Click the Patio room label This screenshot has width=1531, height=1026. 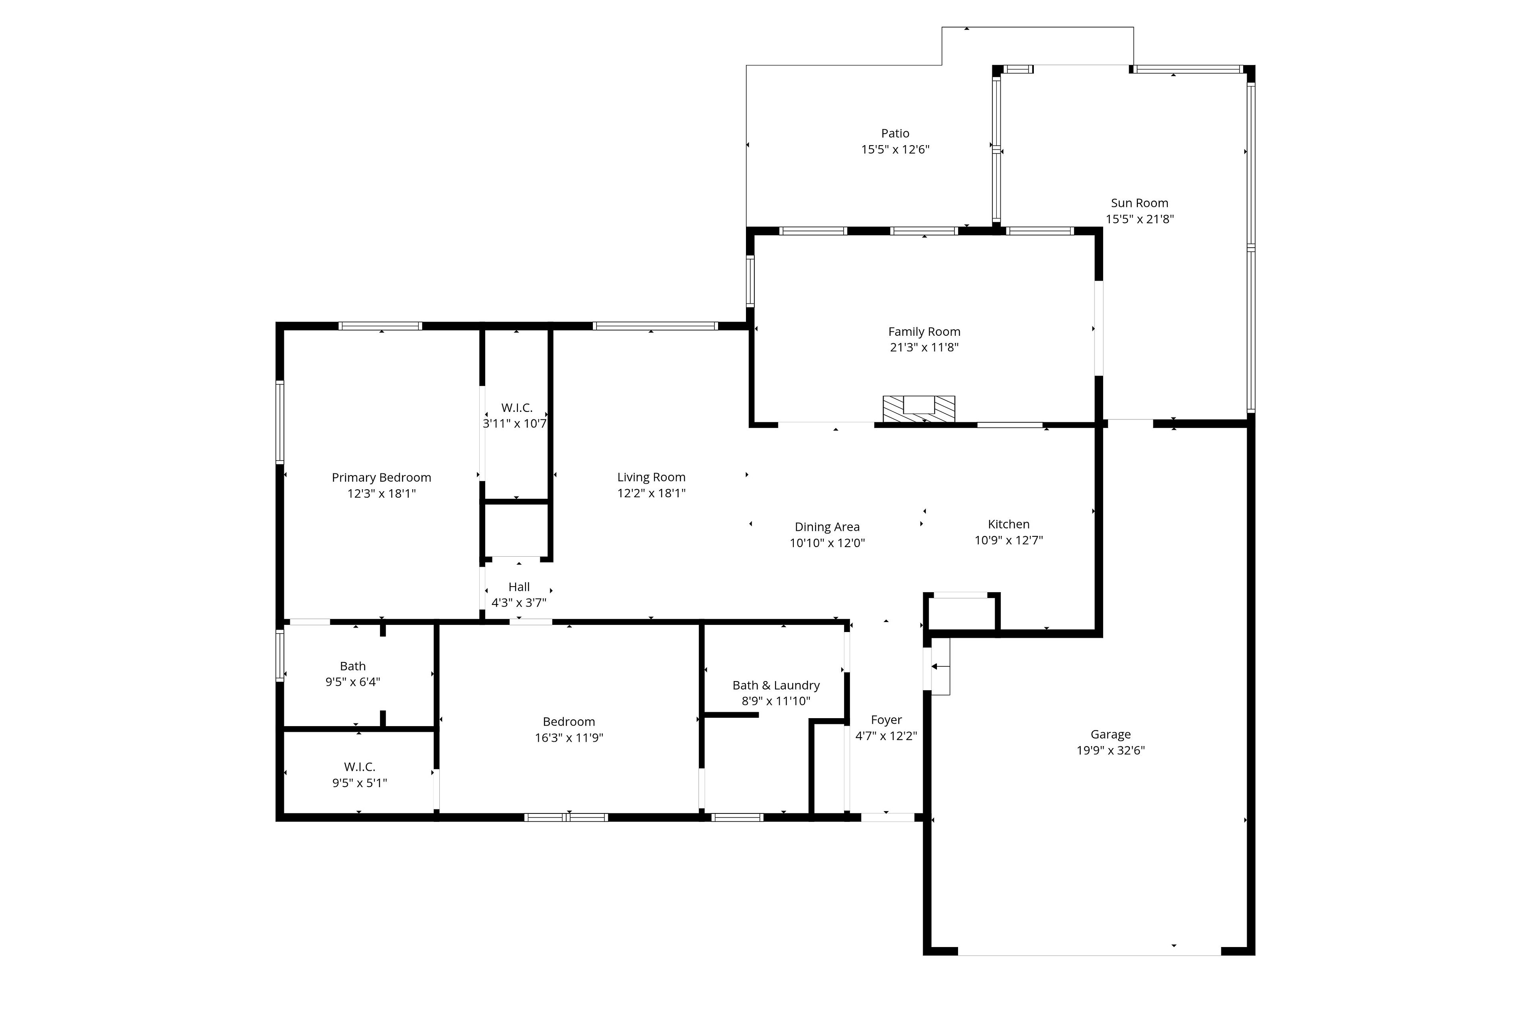(895, 134)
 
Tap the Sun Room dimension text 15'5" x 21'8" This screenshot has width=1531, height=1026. (1140, 219)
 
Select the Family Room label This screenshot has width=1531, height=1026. (924, 332)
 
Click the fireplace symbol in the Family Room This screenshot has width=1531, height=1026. (919, 409)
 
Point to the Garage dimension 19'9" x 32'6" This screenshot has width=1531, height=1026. (1110, 750)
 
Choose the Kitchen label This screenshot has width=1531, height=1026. (1008, 524)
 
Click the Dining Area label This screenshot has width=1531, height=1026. (827, 527)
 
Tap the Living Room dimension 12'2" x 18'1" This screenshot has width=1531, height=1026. (651, 493)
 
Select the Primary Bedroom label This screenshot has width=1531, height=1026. (382, 478)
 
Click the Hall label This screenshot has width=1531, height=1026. (519, 587)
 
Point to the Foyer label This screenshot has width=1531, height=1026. (886, 720)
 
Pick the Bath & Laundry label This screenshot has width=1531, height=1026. (776, 685)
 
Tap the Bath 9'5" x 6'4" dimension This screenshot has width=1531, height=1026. (353, 682)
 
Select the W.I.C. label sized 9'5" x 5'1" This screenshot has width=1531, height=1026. (359, 767)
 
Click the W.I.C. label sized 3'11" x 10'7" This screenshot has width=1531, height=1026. (517, 408)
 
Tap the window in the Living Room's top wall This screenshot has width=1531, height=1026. (655, 326)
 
